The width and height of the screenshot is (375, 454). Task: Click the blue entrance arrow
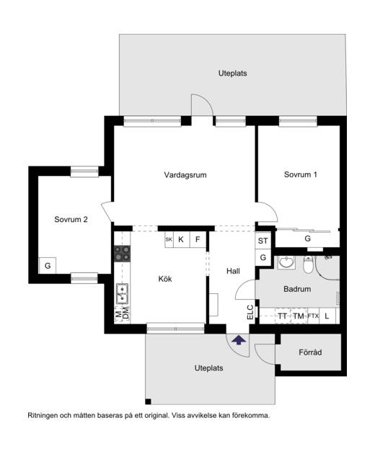click(239, 339)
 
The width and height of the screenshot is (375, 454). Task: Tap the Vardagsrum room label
click(185, 175)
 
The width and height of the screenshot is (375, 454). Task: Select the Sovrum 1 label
click(300, 174)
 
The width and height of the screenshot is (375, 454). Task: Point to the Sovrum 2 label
click(71, 220)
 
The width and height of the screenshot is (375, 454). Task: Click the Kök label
click(165, 279)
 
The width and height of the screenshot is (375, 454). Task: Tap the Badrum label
click(297, 289)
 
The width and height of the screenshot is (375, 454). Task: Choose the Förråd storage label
click(310, 352)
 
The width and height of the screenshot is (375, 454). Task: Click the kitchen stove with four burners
click(122, 254)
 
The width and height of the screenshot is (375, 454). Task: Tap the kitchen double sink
click(122, 293)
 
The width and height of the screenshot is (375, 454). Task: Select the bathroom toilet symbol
click(309, 264)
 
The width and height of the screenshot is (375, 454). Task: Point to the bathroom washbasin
click(286, 262)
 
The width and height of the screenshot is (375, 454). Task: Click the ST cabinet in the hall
click(262, 241)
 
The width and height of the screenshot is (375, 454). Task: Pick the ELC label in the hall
click(250, 312)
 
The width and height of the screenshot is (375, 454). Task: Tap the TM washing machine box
click(299, 316)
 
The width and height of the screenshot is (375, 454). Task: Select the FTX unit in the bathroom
click(313, 316)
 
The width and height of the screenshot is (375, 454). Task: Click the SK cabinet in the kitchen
click(169, 239)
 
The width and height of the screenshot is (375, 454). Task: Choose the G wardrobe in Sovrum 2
click(48, 265)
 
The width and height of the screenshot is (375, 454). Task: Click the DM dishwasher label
click(125, 313)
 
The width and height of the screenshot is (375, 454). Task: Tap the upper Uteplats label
click(233, 74)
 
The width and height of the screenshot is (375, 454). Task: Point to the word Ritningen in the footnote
click(43, 416)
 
